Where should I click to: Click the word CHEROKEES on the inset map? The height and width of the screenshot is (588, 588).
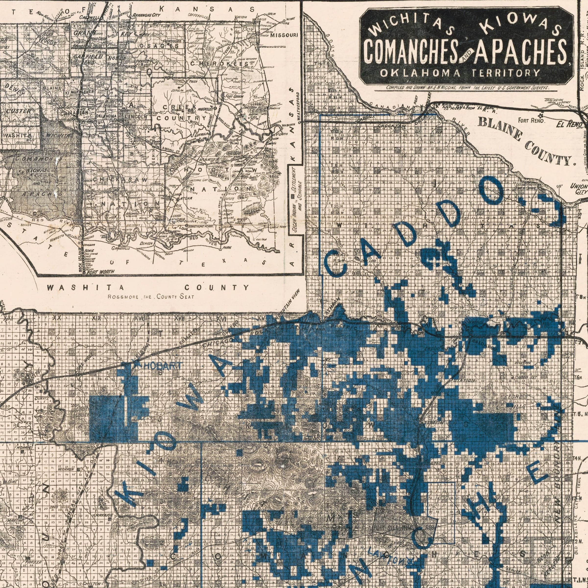coord(219,64)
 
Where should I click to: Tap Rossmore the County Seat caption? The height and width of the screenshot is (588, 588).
coord(151,297)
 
